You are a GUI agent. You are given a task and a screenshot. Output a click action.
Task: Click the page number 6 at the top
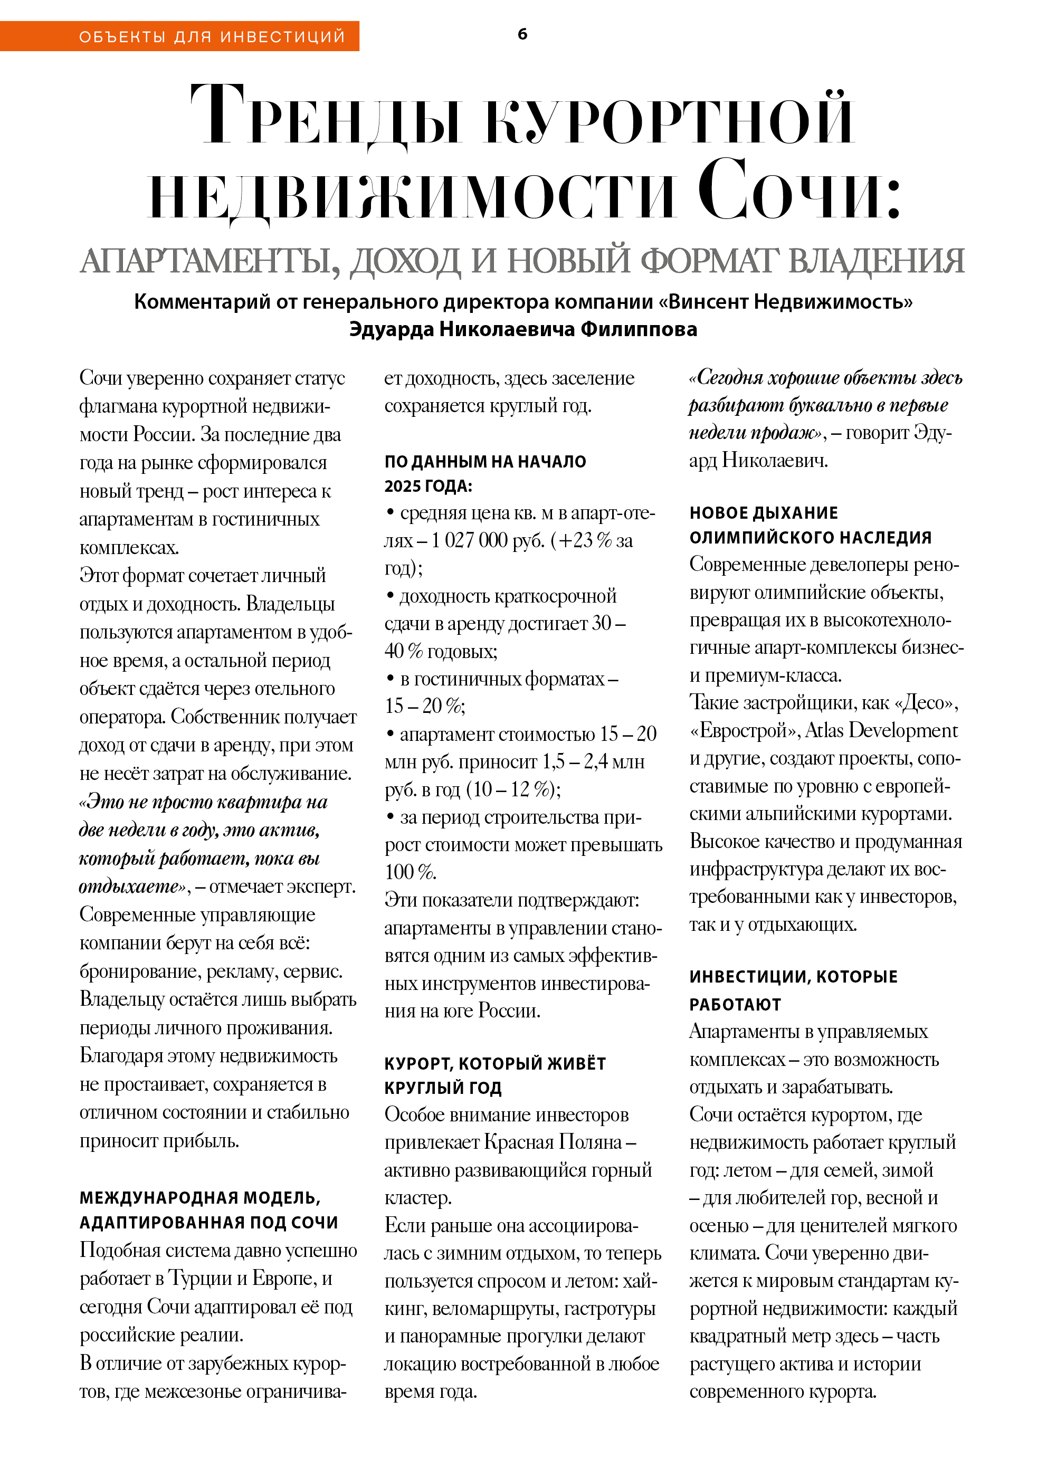coord(522,34)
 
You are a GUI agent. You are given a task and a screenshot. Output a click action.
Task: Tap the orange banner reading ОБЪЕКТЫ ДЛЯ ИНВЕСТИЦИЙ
coord(212,36)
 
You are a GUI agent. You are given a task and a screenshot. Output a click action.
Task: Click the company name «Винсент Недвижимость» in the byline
coord(791,302)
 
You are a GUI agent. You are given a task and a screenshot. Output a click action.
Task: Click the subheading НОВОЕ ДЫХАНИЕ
coord(763,513)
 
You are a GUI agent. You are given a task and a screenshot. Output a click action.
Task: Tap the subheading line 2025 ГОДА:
coord(428,486)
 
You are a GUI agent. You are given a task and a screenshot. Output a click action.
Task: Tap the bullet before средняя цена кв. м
coord(390,511)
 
